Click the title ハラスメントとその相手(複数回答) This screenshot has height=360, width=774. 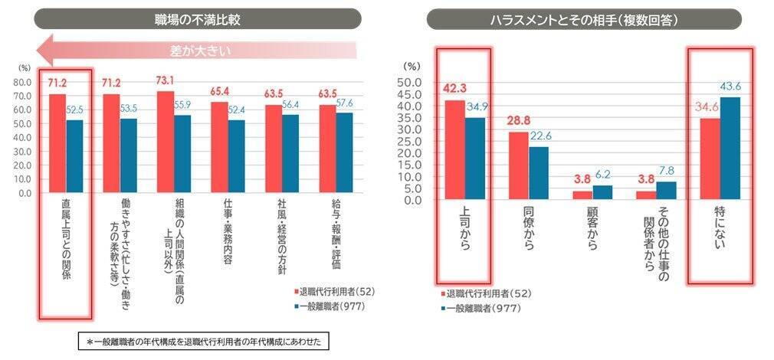point(583,18)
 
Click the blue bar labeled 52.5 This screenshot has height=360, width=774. point(74,156)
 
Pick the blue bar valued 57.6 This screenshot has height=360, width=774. point(344,152)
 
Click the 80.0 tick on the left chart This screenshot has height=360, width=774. point(21,83)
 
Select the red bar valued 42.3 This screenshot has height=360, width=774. point(454,150)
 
